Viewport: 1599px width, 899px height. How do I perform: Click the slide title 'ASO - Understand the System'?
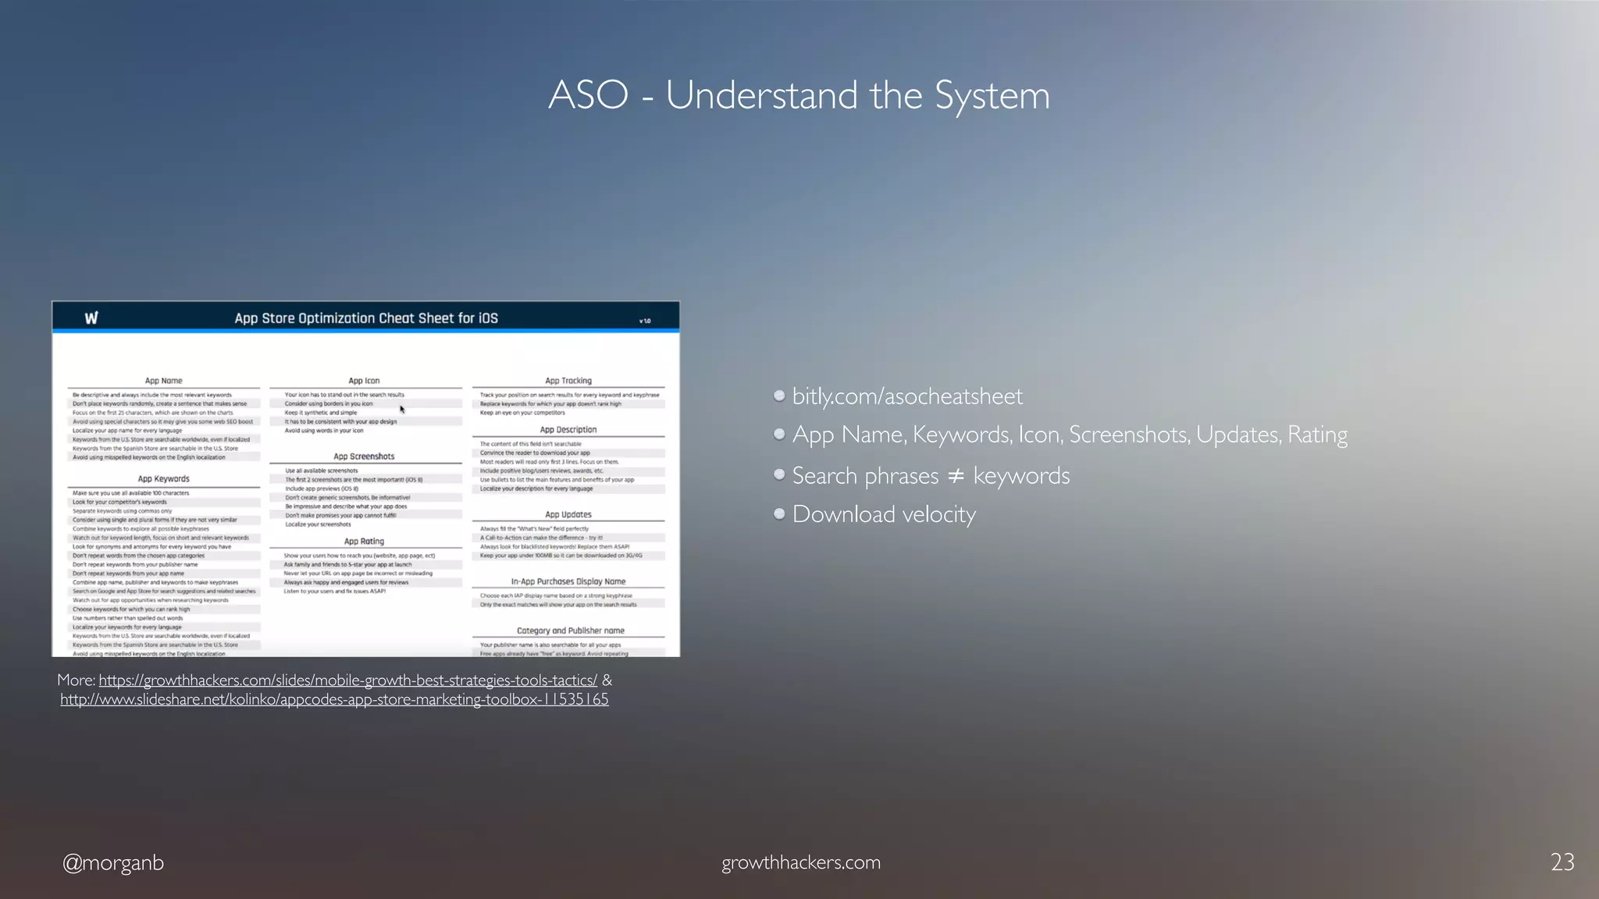pyautogui.click(x=799, y=95)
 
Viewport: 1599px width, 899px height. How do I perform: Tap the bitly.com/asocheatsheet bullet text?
pyautogui.click(x=906, y=396)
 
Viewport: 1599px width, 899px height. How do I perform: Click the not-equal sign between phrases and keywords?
pyautogui.click(x=956, y=475)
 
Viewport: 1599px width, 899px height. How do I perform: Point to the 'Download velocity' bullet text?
pyautogui.click(x=884, y=514)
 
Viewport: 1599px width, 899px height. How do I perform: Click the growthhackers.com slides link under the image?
pyautogui.click(x=347, y=680)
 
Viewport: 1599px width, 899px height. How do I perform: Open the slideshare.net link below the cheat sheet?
pyautogui.click(x=334, y=699)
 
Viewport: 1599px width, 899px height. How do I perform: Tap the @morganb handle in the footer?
pyautogui.click(x=113, y=862)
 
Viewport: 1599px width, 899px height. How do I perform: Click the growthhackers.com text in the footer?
pyautogui.click(x=801, y=862)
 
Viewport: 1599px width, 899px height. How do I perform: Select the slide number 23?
pyautogui.click(x=1562, y=862)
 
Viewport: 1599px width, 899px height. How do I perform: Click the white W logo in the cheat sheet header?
pyautogui.click(x=91, y=318)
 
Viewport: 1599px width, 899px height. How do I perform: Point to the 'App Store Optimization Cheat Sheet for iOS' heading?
pyautogui.click(x=366, y=318)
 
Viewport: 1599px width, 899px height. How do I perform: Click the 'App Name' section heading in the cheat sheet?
pyautogui.click(x=163, y=381)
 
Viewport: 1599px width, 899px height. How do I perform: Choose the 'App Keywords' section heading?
pyautogui.click(x=163, y=479)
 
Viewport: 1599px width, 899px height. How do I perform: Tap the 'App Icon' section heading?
pyautogui.click(x=364, y=381)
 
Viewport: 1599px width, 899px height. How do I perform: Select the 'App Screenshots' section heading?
pyautogui.click(x=364, y=457)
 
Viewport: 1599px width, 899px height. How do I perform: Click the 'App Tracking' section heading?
pyautogui.click(x=568, y=381)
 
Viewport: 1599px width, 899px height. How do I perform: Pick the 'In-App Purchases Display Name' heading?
pyautogui.click(x=568, y=581)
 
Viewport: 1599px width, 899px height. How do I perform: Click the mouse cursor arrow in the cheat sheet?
pyautogui.click(x=402, y=409)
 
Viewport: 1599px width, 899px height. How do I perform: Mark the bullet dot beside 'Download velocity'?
pyautogui.click(x=779, y=513)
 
